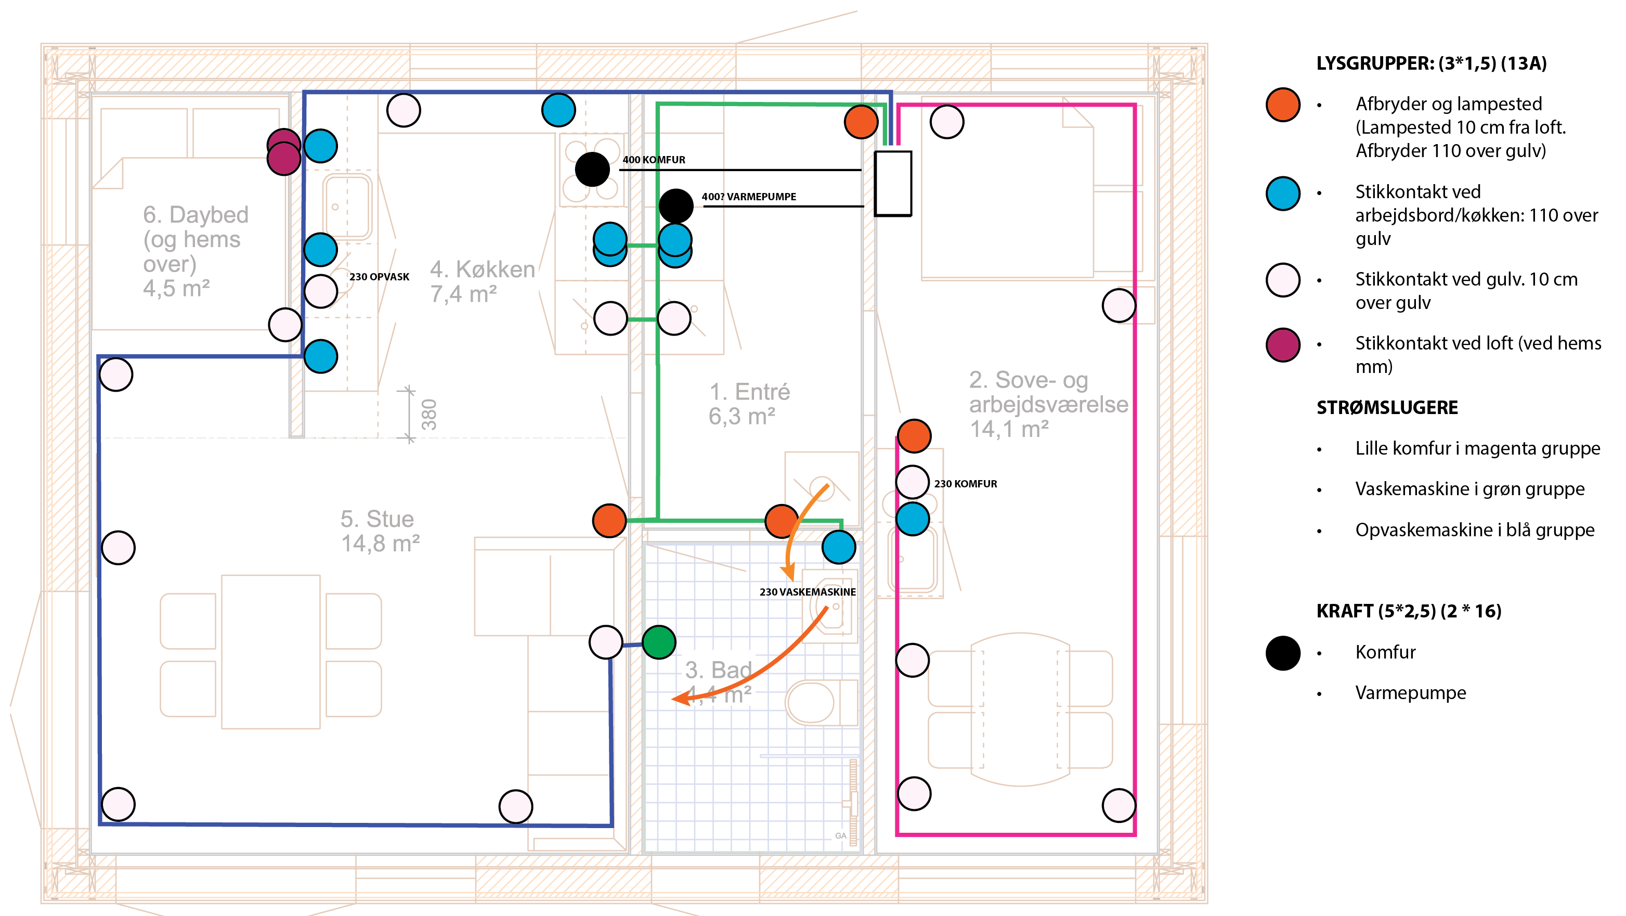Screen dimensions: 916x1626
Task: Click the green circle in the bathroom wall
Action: (658, 642)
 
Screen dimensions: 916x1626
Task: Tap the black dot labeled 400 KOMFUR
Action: (591, 169)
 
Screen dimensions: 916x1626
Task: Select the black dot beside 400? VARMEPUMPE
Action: (675, 206)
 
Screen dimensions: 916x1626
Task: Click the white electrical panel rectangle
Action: (892, 183)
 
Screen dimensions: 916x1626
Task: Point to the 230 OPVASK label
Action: (379, 277)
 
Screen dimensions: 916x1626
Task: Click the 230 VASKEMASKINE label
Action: (808, 591)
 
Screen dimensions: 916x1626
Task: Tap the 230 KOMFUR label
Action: (965, 484)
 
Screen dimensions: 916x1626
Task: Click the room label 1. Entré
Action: (749, 404)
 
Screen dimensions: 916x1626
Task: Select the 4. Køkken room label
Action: (482, 281)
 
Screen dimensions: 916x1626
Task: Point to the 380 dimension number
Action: (428, 414)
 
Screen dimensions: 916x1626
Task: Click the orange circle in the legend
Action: (1283, 105)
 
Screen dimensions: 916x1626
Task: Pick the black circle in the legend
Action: (1283, 653)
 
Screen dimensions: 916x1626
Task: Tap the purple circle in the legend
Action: (1283, 345)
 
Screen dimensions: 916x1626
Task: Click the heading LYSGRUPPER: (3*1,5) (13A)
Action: (1431, 63)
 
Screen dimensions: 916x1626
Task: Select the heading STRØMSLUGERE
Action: (1387, 408)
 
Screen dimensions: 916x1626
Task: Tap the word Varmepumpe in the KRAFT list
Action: (1410, 692)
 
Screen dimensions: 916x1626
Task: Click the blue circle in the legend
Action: (1283, 193)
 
